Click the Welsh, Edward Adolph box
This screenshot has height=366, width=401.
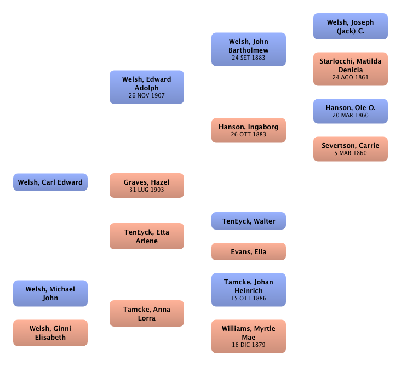pyautogui.click(x=146, y=87)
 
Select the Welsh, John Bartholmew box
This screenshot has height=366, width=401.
pyautogui.click(x=248, y=49)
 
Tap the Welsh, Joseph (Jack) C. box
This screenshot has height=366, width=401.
pyautogui.click(x=350, y=26)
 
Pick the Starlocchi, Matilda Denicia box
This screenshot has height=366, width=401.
pyautogui.click(x=350, y=68)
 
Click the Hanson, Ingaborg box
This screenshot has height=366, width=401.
pyautogui.click(x=248, y=130)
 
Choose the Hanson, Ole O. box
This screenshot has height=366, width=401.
pyautogui.click(x=350, y=111)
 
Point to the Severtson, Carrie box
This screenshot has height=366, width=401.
pyautogui.click(x=350, y=148)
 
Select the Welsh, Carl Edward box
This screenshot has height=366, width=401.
pyautogui.click(x=50, y=182)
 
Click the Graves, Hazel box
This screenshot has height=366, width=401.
pyautogui.click(x=146, y=185)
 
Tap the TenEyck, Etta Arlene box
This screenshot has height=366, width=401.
pyautogui.click(x=146, y=236)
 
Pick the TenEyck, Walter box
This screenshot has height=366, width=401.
pyautogui.click(x=248, y=221)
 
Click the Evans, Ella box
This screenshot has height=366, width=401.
pyautogui.click(x=248, y=252)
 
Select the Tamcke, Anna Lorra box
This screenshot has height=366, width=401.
pyautogui.click(x=146, y=313)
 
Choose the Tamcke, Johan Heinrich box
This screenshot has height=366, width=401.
pyautogui.click(x=248, y=290)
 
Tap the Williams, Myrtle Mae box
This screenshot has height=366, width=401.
pyautogui.click(x=248, y=336)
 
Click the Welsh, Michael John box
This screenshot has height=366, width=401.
pyautogui.click(x=50, y=294)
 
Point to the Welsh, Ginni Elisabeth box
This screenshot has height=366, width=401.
pyautogui.click(x=50, y=333)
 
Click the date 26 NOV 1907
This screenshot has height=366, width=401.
pyautogui.click(x=146, y=95)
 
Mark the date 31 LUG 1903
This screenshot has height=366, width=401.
pyautogui.click(x=146, y=190)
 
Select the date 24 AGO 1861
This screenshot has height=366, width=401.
pyautogui.click(x=350, y=77)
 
